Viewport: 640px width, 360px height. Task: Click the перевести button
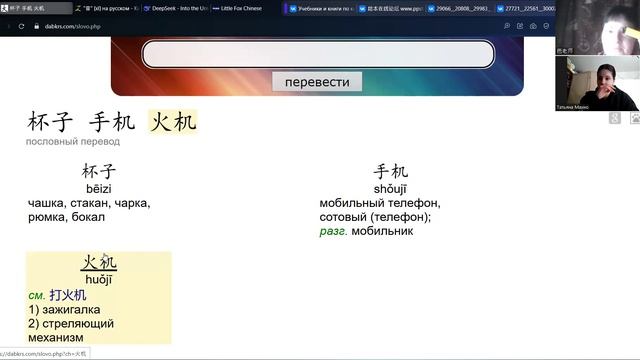[x=317, y=82]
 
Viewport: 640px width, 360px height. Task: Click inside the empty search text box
[x=318, y=54]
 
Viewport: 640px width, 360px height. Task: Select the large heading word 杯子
[x=50, y=123]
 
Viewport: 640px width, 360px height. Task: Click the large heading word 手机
[x=111, y=123]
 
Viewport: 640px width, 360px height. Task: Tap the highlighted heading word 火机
[x=172, y=123]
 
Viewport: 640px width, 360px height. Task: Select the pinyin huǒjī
[x=98, y=280]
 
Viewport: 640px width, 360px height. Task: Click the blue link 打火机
[x=67, y=296]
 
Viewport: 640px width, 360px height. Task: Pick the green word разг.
[x=333, y=231]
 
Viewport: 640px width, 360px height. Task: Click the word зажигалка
[x=79, y=310]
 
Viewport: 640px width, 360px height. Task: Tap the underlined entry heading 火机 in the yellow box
[x=98, y=263]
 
